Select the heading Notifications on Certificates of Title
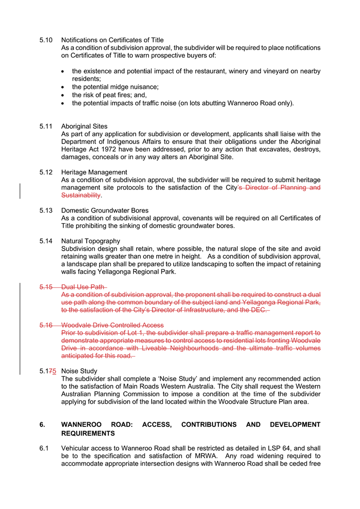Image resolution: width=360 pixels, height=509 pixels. pyautogui.click(x=112, y=40)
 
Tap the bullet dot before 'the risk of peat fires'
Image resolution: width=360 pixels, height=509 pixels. pyautogui.click(x=62, y=95)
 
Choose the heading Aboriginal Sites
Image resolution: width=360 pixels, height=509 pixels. pyautogui.click(x=84, y=126)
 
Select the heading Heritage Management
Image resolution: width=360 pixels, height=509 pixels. pyautogui.click(x=94, y=173)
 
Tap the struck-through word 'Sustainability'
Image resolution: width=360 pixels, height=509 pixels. pyautogui.click(x=81, y=196)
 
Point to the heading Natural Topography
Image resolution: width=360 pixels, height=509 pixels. pyautogui.click(x=90, y=241)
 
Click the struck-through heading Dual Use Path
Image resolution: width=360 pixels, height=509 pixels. pyautogui.click(x=83, y=287)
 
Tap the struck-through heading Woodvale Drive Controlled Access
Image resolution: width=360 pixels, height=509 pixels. pyautogui.click(x=112, y=325)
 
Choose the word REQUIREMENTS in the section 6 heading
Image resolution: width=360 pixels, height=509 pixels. pyautogui.click(x=87, y=433)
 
